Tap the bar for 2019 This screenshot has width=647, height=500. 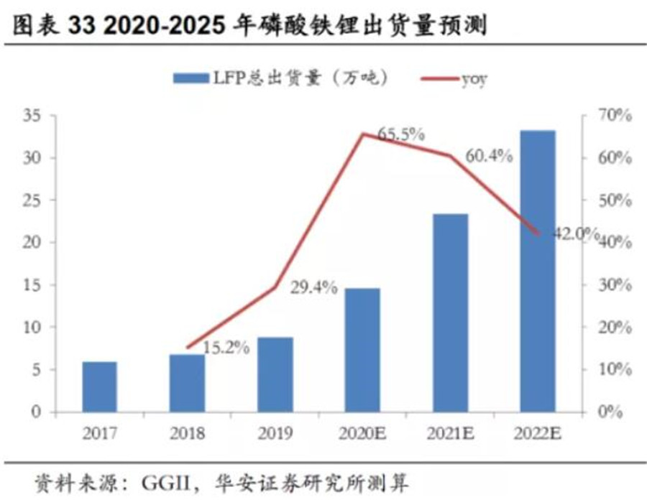tap(275, 374)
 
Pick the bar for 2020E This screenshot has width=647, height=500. tap(363, 350)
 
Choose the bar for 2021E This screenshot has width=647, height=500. tap(451, 312)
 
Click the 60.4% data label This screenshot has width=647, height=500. tap(489, 155)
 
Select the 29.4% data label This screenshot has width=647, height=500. tap(314, 288)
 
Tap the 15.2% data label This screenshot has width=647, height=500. tap(226, 348)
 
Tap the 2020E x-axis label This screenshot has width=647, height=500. tap(363, 433)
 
